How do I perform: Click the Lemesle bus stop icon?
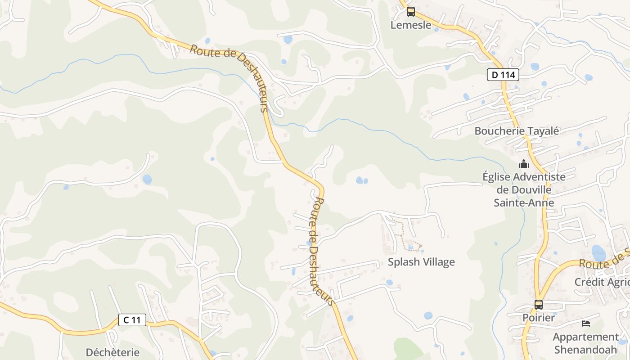[x=410, y=12]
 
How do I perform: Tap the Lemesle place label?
[x=410, y=25]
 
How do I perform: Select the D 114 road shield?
[x=503, y=75]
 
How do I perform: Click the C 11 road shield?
[x=132, y=320]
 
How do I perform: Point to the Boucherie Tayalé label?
[x=517, y=131]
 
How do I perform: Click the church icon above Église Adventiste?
[x=523, y=164]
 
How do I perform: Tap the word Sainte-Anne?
[x=524, y=202]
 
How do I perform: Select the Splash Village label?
[x=421, y=262]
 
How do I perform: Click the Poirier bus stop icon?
[x=538, y=305]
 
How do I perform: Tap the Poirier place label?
[x=538, y=318]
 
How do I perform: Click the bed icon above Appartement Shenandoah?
[x=585, y=324]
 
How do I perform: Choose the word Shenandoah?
[x=586, y=349]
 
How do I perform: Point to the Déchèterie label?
[x=112, y=352]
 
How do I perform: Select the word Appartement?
[x=585, y=337]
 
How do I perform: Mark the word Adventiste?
[x=539, y=176]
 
